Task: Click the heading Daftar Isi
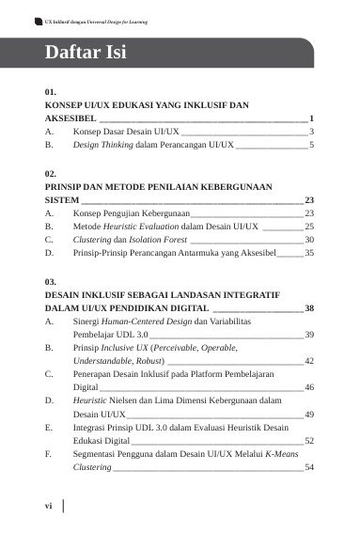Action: tap(86, 53)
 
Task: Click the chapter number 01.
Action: tap(51, 93)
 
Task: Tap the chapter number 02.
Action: tap(51, 174)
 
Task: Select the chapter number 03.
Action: tap(51, 281)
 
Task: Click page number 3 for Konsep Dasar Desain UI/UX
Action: tap(311, 132)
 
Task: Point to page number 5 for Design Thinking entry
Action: tap(311, 146)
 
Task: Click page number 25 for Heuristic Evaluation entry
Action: tap(309, 227)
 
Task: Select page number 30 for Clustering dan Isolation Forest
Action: tap(309, 240)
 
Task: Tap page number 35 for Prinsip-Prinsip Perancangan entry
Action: tap(309, 254)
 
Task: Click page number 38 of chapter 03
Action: tap(309, 307)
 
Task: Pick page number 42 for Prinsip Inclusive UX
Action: tap(309, 361)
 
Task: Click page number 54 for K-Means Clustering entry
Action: tap(309, 467)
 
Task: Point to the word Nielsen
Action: tap(127, 400)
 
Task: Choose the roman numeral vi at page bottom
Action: tap(49, 506)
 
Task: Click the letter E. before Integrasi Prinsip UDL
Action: tap(48, 427)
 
